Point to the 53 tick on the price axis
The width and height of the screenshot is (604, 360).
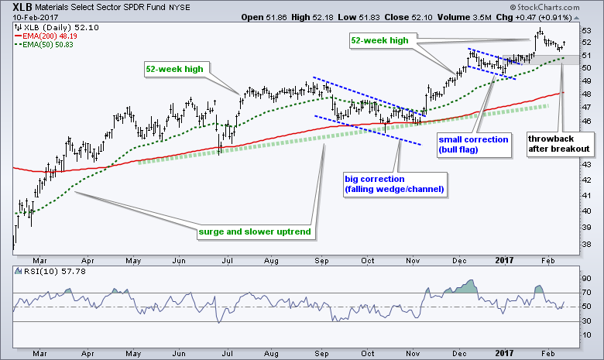586,31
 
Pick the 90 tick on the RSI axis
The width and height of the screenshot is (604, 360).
586,278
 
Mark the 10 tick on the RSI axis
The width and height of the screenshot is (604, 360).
586,335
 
